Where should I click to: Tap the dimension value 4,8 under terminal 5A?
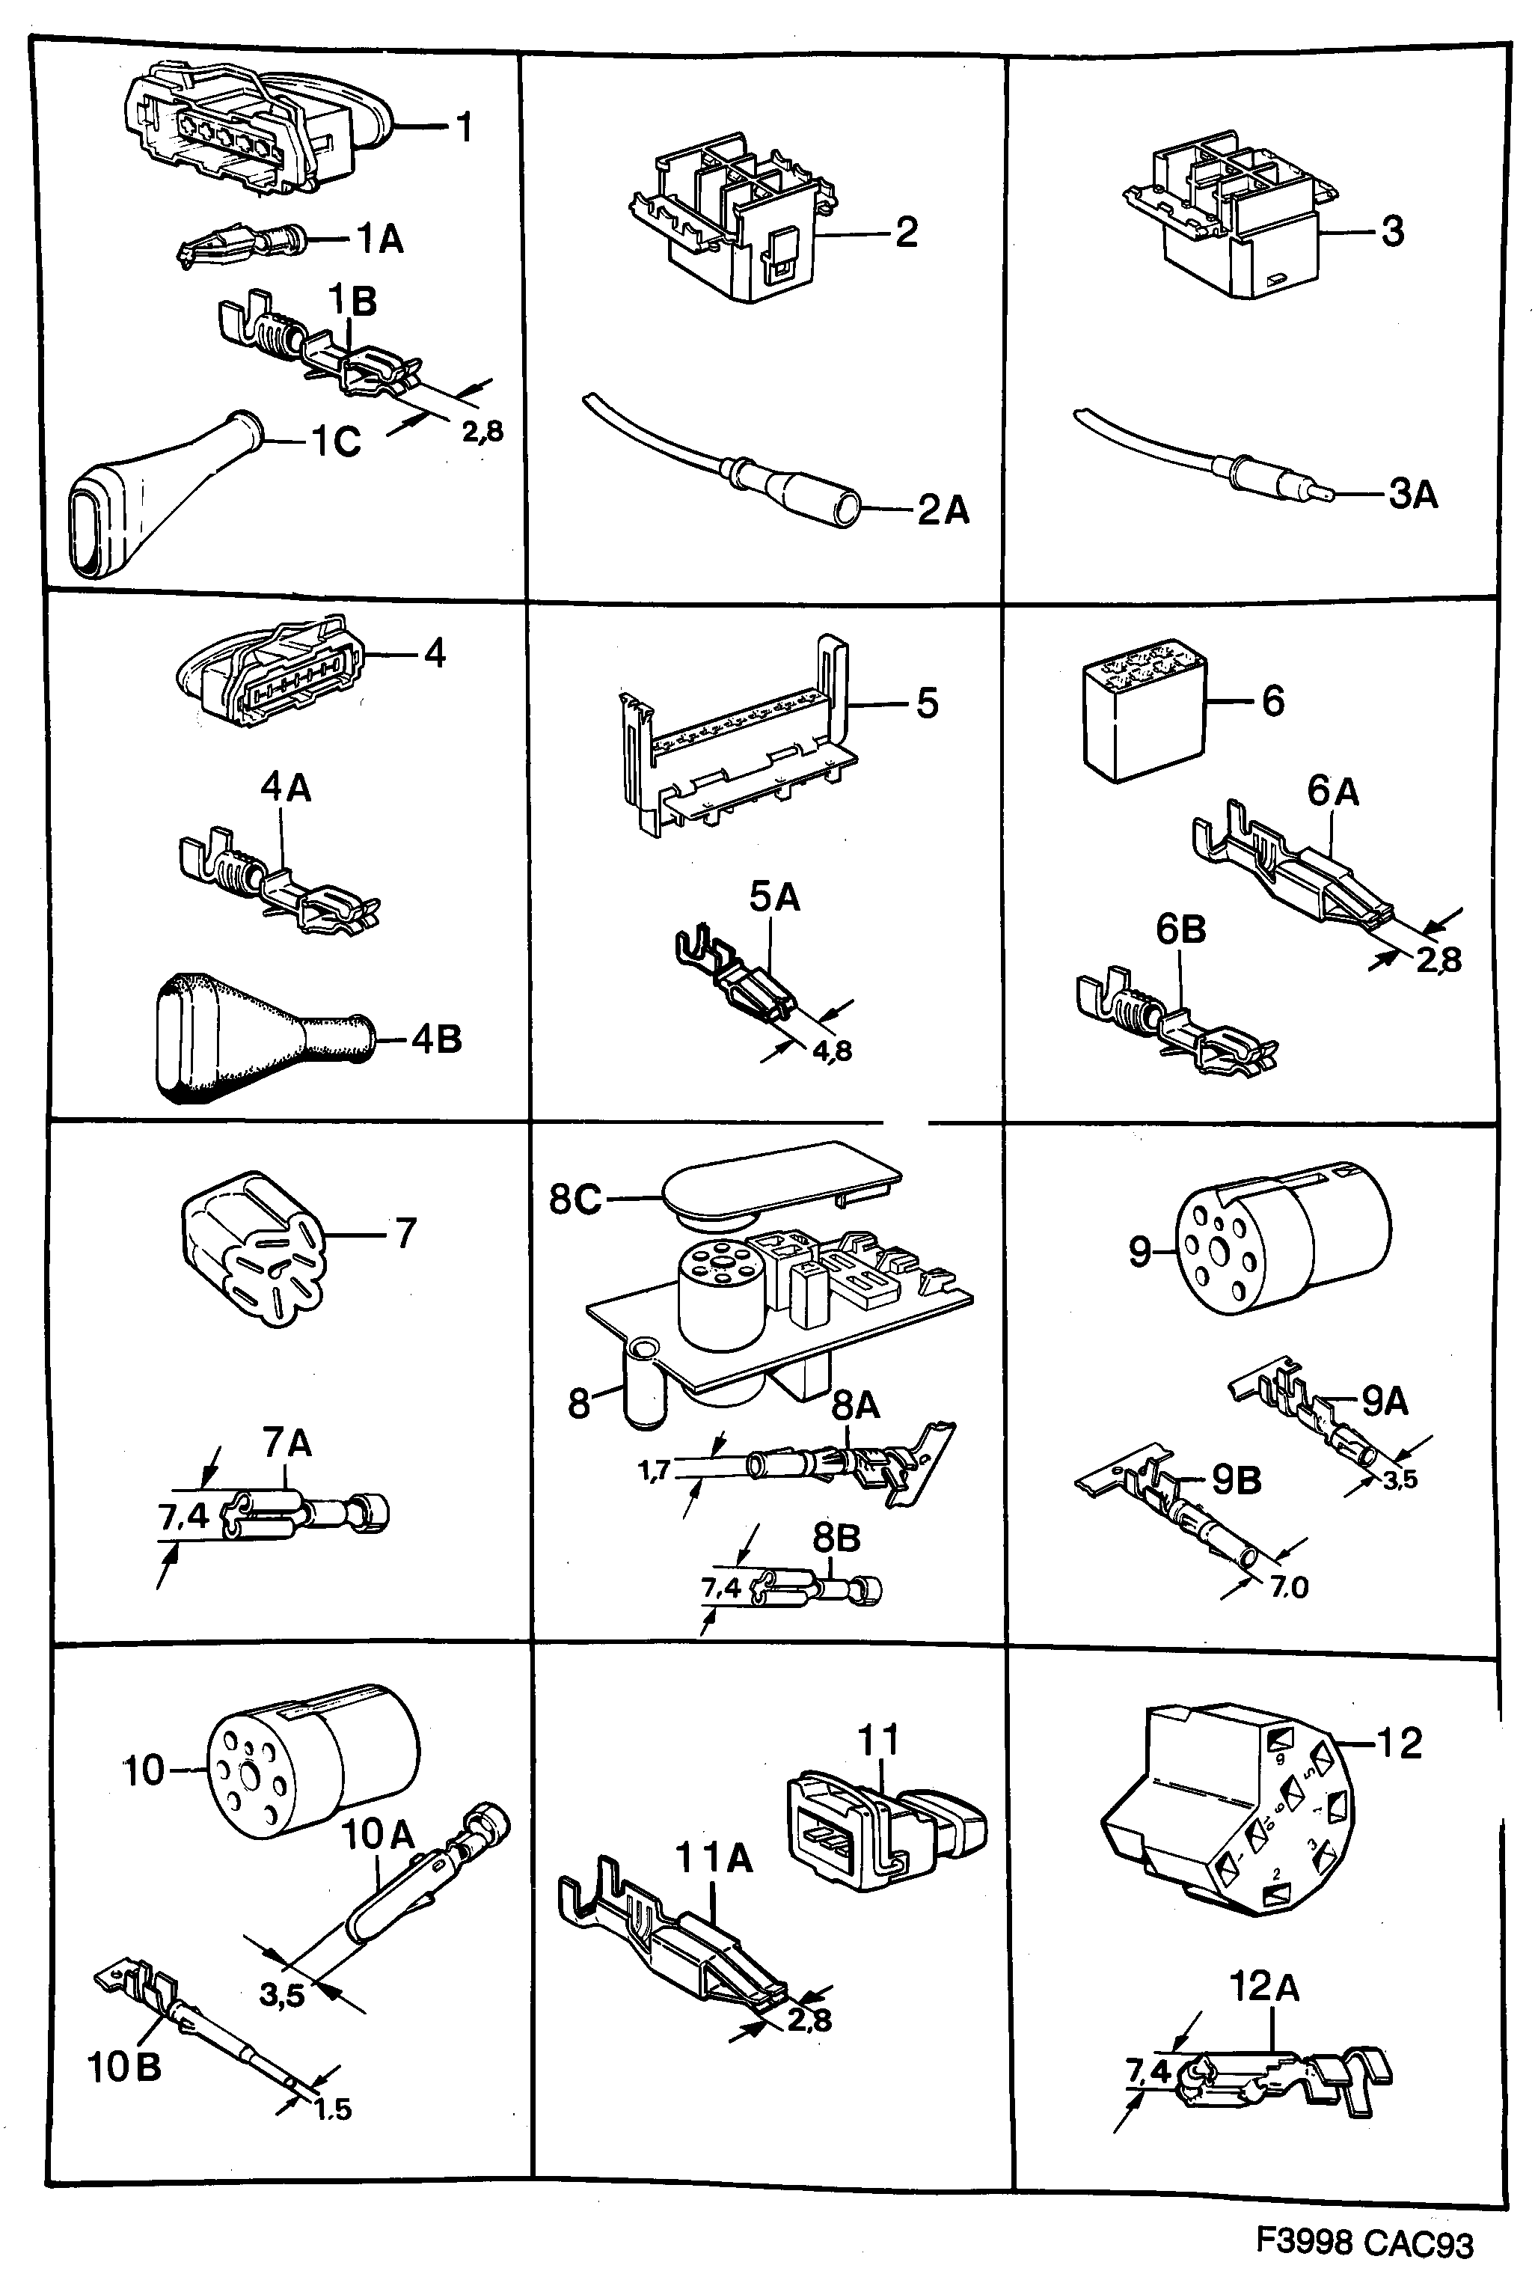tap(831, 1051)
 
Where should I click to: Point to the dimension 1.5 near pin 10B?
tap(333, 2109)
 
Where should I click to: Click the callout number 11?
tap(877, 1740)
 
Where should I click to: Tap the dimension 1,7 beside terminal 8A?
tap(654, 1470)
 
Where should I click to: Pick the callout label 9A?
tap(1383, 1402)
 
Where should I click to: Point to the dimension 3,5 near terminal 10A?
tap(282, 1994)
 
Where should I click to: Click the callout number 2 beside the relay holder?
tap(906, 232)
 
